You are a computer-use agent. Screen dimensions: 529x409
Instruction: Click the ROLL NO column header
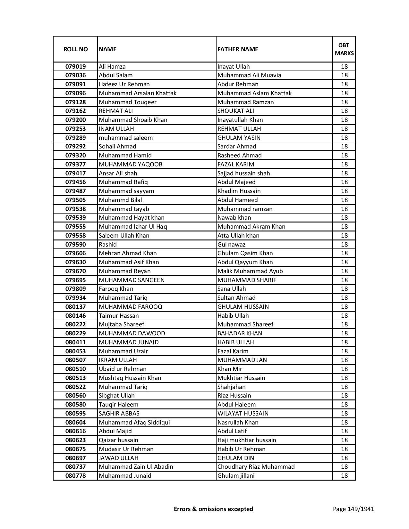point(75,49)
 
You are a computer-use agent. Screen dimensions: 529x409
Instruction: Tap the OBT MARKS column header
point(344,49)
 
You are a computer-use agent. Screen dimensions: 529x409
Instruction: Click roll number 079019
point(75,67)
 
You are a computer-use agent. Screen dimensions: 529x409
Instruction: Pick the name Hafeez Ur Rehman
point(124,84)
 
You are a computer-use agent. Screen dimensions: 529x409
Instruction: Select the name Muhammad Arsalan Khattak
point(138,93)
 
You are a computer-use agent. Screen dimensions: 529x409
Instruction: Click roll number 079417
point(75,173)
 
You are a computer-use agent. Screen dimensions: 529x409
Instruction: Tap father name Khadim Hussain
point(239,191)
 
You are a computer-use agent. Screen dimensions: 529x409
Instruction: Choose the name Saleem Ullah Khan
point(124,236)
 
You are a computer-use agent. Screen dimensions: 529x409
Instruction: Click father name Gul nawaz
point(231,245)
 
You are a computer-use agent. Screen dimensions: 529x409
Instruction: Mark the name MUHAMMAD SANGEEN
point(132,280)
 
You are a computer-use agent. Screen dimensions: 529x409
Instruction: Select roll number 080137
point(75,307)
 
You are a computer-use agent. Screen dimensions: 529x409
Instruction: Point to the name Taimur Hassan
point(119,316)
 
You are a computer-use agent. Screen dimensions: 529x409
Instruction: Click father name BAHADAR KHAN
point(240,333)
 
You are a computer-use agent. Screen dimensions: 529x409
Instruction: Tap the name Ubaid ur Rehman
point(123,369)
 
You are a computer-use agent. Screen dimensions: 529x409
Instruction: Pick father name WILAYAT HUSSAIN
point(243,414)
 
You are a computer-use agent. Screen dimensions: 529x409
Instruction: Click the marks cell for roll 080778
point(344,476)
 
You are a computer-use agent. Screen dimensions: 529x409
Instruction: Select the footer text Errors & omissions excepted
point(213,509)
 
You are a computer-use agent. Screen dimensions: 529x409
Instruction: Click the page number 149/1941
point(353,509)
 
